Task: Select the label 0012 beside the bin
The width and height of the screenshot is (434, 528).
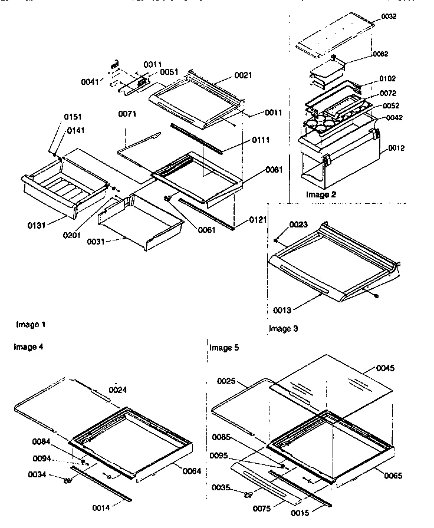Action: point(396,148)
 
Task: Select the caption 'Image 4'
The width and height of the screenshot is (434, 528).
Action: point(28,347)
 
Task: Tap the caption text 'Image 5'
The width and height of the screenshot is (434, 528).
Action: point(224,348)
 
